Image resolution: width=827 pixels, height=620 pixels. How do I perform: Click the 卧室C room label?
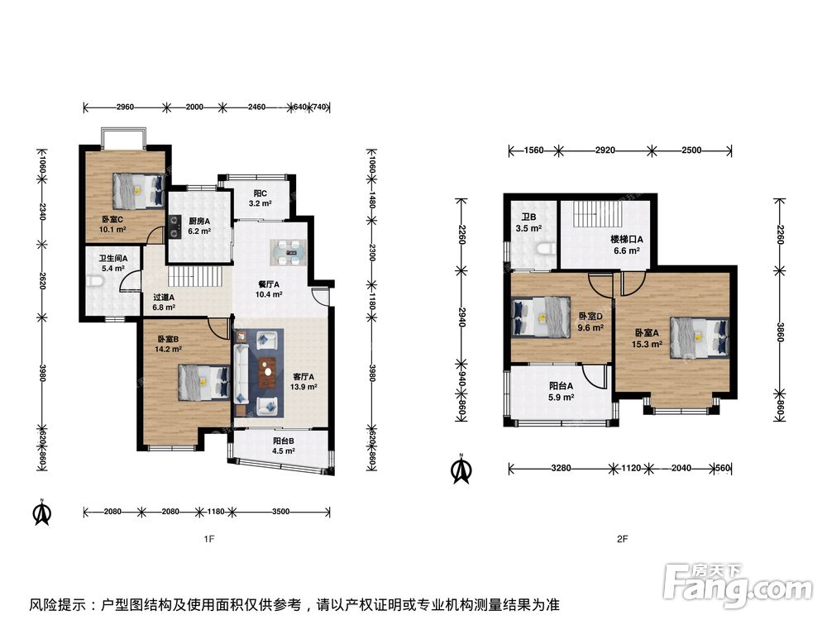112,219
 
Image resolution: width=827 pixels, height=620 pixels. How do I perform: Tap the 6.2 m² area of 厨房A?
199,231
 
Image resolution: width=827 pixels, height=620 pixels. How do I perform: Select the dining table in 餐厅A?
288,252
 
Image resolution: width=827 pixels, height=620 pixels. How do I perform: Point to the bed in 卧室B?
204,382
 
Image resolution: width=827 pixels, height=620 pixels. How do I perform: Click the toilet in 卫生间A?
96,284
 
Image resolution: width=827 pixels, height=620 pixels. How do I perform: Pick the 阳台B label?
283,441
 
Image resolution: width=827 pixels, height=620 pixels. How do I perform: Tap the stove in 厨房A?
174,227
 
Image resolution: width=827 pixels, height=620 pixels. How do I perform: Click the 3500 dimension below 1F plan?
280,512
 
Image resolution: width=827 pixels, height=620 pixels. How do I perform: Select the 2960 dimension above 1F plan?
125,107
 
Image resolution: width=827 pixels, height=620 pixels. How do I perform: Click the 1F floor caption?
209,539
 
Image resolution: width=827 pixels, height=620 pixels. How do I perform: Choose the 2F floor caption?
623,539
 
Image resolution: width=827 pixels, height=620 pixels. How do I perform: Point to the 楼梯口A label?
627,240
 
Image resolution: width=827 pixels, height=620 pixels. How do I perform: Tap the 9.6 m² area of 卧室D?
590,327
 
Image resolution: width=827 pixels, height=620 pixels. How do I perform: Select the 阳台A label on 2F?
562,386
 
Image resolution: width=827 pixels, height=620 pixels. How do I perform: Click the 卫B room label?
529,217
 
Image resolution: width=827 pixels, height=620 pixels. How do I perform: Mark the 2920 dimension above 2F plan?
605,150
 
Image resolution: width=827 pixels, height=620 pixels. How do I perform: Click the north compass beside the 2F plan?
461,469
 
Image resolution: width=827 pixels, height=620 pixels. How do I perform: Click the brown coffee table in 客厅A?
268,372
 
